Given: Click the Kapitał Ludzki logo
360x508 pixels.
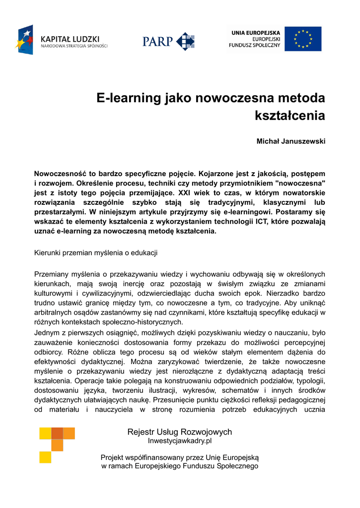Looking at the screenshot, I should tap(62, 40).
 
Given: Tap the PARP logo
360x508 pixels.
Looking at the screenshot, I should tap(168, 40).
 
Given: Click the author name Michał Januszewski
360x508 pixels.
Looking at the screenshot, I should tap(290, 141).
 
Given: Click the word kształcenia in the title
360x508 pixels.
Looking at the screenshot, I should tap(290, 116).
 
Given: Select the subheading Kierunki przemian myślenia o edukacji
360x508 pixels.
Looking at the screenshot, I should tap(96, 253).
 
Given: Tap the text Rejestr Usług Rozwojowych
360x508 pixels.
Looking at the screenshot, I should tap(180, 432).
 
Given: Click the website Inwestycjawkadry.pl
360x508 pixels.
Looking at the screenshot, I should tap(180, 441).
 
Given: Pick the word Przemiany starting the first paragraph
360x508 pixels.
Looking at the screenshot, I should tap(51, 274).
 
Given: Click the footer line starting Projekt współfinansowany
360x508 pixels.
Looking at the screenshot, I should tap(180, 457).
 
